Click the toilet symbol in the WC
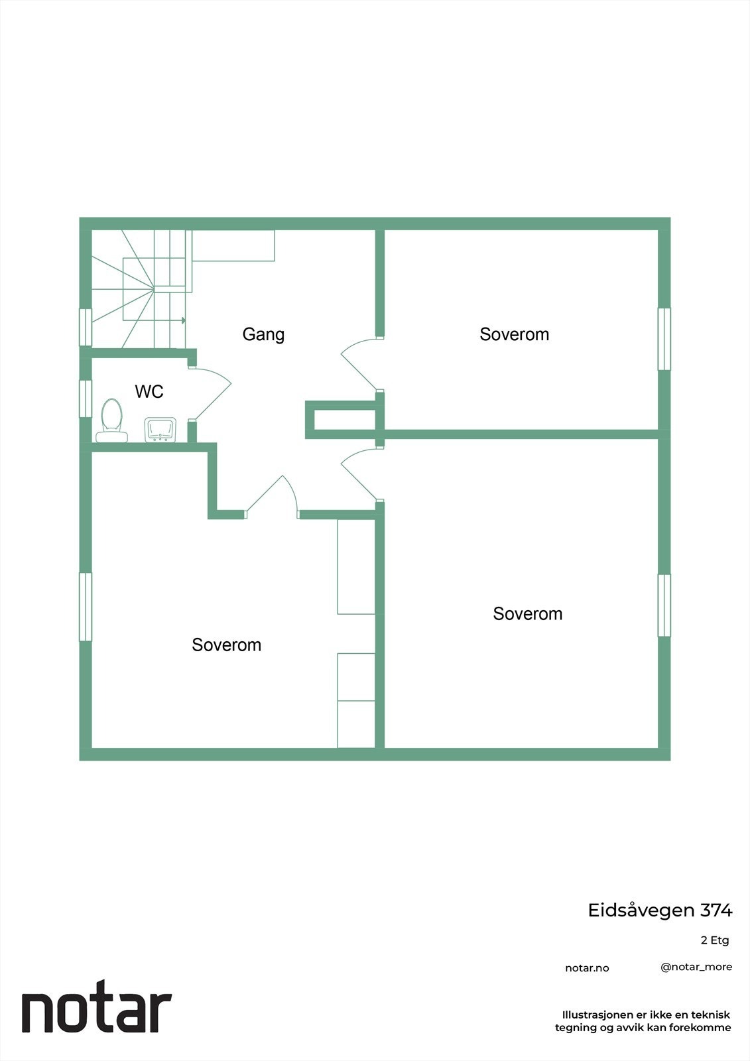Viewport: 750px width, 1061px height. click(x=111, y=420)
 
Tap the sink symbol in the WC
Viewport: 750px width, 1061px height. click(x=160, y=429)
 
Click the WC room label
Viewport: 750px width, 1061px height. click(x=149, y=392)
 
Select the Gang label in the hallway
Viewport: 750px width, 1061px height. click(x=263, y=334)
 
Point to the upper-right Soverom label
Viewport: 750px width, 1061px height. click(x=514, y=334)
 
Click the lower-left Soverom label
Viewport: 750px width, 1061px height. click(x=226, y=645)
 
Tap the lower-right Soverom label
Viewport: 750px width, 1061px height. click(x=527, y=614)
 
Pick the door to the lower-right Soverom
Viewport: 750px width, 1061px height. click(x=361, y=473)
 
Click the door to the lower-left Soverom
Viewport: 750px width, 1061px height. click(x=273, y=497)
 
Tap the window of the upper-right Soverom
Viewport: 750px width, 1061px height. click(x=664, y=339)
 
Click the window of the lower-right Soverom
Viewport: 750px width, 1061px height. click(x=664, y=605)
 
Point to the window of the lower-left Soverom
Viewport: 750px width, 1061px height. click(x=86, y=607)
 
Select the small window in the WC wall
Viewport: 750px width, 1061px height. click(x=86, y=398)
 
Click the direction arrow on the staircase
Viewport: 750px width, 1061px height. click(x=183, y=321)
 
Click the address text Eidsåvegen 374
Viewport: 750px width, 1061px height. click(x=660, y=910)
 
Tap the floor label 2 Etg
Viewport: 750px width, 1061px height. click(x=714, y=940)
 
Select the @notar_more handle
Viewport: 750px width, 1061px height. click(x=696, y=967)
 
